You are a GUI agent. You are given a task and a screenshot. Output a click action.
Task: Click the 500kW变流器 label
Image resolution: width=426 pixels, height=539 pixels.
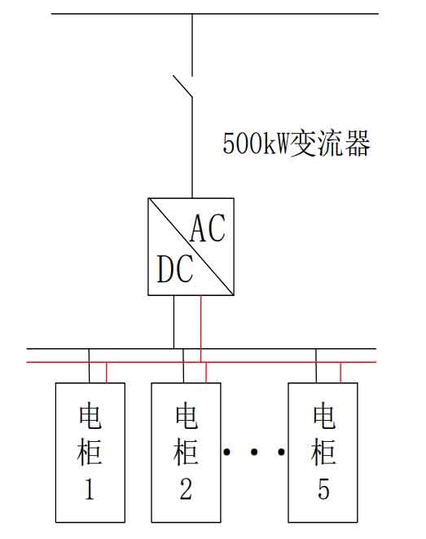[x=296, y=144]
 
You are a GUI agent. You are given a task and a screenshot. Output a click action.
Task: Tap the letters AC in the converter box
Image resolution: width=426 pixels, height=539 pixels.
[x=208, y=228]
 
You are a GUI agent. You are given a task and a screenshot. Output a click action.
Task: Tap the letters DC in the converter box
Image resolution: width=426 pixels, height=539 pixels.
[x=175, y=269]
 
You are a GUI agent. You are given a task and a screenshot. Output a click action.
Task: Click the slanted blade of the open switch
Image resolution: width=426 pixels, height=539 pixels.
[x=182, y=86]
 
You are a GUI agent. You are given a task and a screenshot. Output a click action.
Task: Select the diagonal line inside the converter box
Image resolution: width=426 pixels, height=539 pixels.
[x=191, y=246]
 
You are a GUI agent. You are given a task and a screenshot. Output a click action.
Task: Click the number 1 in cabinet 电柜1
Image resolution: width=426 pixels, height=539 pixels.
[x=90, y=488]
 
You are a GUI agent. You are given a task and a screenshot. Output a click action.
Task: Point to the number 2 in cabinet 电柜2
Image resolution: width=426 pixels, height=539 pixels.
[x=186, y=488]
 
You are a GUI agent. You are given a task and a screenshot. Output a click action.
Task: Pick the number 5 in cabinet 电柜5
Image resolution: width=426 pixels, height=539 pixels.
[x=323, y=488]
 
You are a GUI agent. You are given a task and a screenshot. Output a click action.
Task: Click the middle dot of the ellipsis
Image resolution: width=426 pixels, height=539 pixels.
[x=254, y=452]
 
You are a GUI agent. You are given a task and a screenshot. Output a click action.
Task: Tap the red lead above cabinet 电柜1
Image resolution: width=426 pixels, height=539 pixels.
[x=107, y=373]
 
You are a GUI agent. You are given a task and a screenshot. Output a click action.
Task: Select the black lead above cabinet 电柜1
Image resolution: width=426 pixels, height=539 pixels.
[x=90, y=366]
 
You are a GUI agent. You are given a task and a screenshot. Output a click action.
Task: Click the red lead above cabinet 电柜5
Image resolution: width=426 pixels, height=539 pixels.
[x=340, y=373]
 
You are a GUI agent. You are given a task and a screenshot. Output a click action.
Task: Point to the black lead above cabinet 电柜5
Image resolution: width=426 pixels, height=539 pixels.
[x=316, y=366]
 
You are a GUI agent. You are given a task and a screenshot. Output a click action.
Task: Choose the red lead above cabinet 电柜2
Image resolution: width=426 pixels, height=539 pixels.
[x=206, y=373]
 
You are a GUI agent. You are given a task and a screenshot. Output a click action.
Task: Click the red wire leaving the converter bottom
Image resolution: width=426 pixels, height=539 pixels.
[x=201, y=329]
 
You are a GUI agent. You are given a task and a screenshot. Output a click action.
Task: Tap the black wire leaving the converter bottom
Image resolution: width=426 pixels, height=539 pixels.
[x=173, y=322]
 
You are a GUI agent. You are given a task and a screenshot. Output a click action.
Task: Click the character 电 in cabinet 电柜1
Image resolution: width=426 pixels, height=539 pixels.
[x=90, y=417]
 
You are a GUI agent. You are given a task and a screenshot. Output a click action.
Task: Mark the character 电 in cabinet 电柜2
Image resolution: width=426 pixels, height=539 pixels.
[x=187, y=417]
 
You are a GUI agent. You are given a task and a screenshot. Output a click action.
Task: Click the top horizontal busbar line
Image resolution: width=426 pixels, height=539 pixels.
[x=215, y=14]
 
